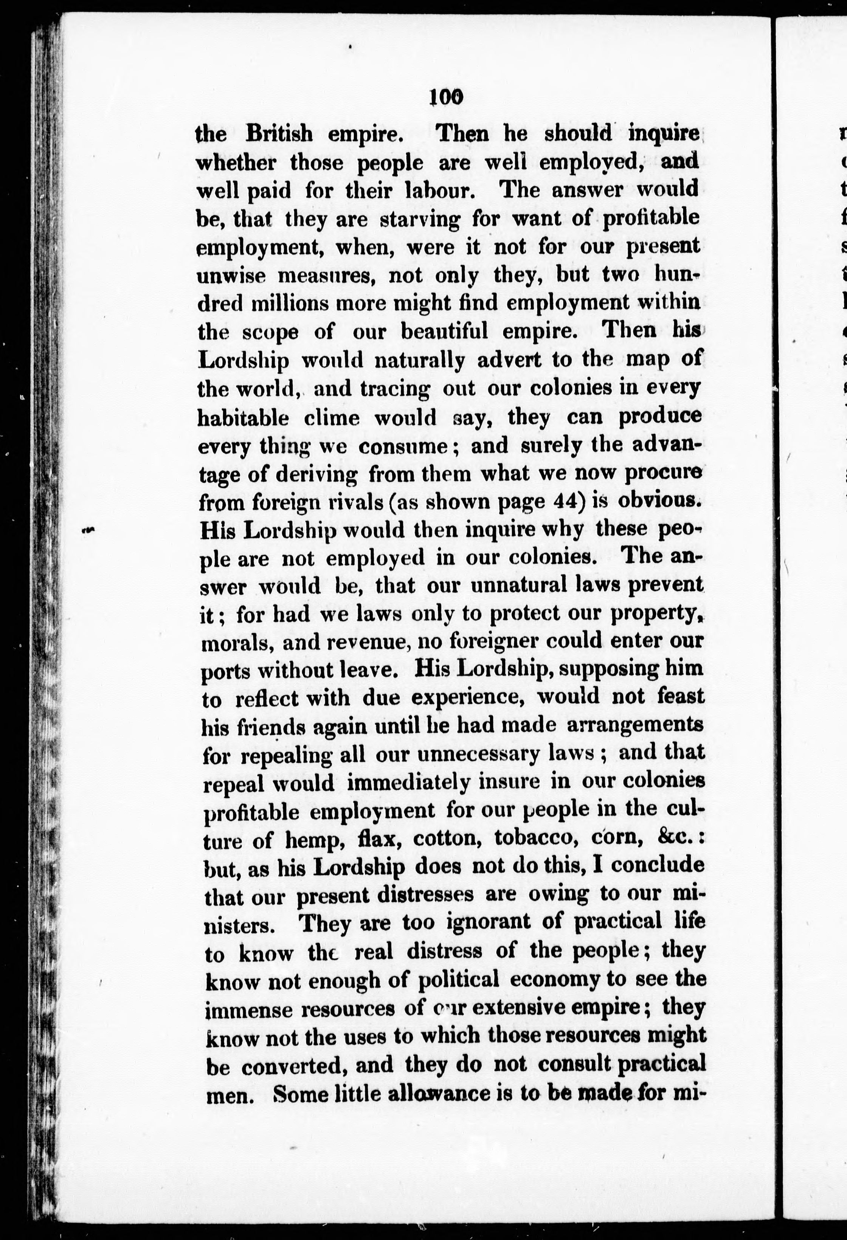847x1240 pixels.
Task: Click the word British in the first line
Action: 279,133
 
